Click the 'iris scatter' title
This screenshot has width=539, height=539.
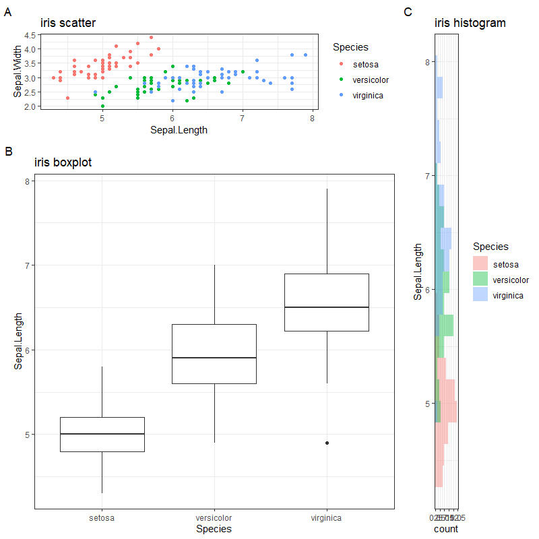click(x=67, y=23)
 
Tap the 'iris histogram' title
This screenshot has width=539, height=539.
click(x=470, y=23)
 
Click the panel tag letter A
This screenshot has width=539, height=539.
click(x=8, y=11)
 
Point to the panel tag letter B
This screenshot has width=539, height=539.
click(x=9, y=152)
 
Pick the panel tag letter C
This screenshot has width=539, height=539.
click(x=407, y=11)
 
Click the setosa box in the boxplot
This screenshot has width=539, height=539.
click(x=102, y=435)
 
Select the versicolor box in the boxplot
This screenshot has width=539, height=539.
click(x=214, y=354)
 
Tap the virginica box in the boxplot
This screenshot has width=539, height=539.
click(x=327, y=303)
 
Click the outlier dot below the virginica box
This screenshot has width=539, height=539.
click(x=327, y=443)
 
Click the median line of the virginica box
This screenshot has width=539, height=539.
click(x=327, y=307)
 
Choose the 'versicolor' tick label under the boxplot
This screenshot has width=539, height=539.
click(x=214, y=518)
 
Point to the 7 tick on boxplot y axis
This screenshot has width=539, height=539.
click(x=26, y=265)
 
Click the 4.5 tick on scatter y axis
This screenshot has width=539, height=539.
click(x=30, y=35)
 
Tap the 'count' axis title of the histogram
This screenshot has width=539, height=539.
click(x=445, y=529)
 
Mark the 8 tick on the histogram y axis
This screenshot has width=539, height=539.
click(x=427, y=62)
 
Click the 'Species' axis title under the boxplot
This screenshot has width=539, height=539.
click(x=214, y=530)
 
